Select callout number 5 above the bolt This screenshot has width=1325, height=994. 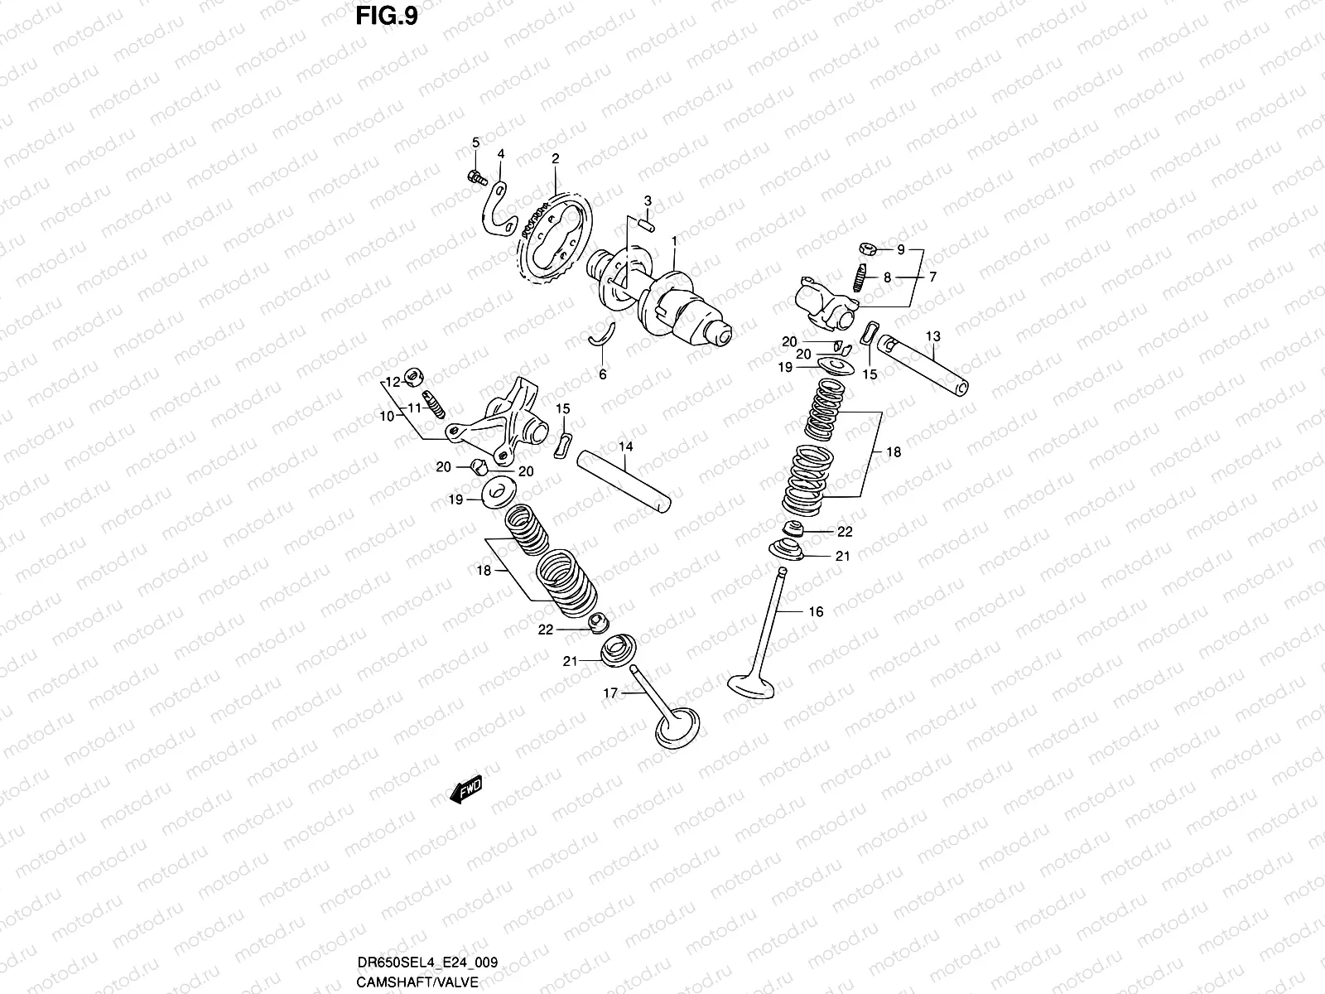(x=475, y=142)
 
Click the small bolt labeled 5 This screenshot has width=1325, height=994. (x=475, y=176)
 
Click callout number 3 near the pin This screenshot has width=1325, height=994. (x=648, y=201)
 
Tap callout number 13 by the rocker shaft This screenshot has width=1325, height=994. (x=933, y=337)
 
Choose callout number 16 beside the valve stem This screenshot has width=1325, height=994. (x=816, y=612)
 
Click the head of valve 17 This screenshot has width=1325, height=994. (x=677, y=726)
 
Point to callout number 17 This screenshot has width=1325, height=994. (x=609, y=694)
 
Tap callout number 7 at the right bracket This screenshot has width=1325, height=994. (x=932, y=277)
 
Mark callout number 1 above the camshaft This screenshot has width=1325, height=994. (x=675, y=241)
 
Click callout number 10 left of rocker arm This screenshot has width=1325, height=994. (x=387, y=417)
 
